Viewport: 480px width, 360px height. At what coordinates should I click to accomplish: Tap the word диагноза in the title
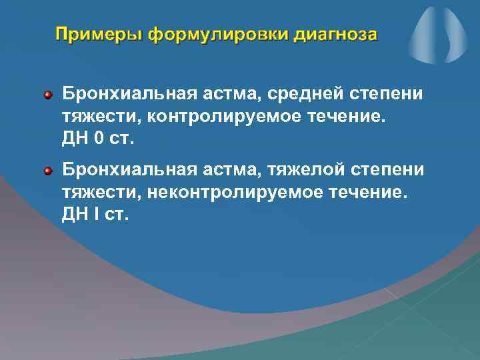click(x=336, y=33)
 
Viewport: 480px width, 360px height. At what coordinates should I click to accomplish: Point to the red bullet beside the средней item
click(x=48, y=96)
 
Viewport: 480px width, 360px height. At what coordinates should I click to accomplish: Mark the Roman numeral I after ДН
click(x=97, y=217)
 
